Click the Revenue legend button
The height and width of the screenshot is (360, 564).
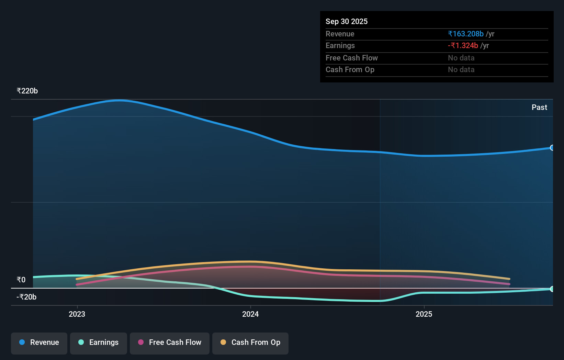(39, 343)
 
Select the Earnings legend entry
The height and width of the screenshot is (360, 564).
(99, 343)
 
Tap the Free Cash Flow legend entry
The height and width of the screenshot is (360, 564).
(170, 343)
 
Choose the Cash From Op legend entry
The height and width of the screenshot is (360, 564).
(250, 343)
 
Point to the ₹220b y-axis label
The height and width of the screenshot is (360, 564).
(27, 91)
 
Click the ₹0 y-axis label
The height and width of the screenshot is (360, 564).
(21, 280)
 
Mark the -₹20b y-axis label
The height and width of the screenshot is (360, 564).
(26, 297)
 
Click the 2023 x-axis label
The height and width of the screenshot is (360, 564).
(77, 314)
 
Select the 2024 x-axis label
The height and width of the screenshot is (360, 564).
(250, 314)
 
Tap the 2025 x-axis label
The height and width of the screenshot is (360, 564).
(424, 314)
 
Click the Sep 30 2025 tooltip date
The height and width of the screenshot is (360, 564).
(346, 22)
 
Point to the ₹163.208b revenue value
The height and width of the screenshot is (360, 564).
(466, 34)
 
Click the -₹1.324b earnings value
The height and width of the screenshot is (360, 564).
(463, 46)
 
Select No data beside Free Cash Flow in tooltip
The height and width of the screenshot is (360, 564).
(461, 58)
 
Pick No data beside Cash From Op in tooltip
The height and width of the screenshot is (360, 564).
(461, 70)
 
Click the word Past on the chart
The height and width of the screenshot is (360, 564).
(539, 108)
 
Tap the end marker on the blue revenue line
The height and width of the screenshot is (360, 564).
(552, 148)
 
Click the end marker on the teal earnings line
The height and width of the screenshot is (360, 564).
(552, 289)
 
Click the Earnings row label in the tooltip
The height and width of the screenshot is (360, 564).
(340, 46)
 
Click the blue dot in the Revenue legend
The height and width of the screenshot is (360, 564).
(22, 342)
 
